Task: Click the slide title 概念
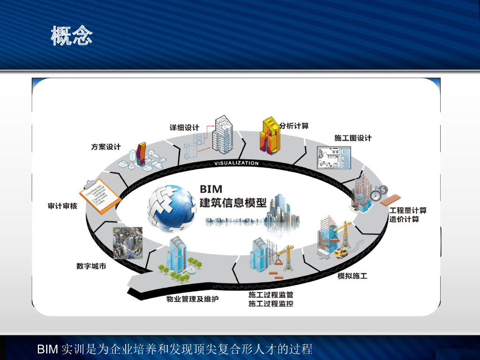pyautogui.click(x=72, y=36)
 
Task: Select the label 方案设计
pyautogui.click(x=105, y=147)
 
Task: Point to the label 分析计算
pyautogui.click(x=294, y=126)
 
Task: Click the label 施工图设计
pyautogui.click(x=352, y=138)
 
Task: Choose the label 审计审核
pyautogui.click(x=62, y=206)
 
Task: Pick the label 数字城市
pyautogui.click(x=91, y=266)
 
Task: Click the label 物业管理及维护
pyautogui.click(x=193, y=299)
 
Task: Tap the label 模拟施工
pyautogui.click(x=352, y=276)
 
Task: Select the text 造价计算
pyautogui.click(x=404, y=219)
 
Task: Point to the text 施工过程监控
pyautogui.click(x=271, y=304)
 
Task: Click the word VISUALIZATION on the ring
pyautogui.click(x=236, y=163)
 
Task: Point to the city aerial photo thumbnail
pyautogui.click(x=127, y=243)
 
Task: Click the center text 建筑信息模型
pyautogui.click(x=233, y=203)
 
